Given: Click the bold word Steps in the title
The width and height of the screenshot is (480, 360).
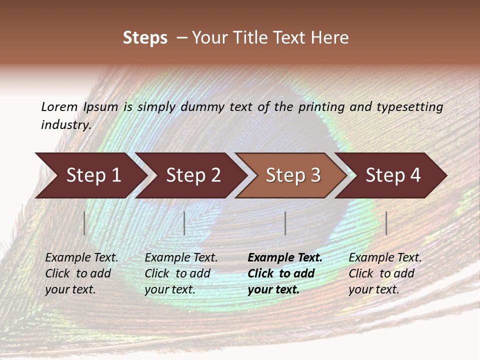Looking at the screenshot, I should [145, 38].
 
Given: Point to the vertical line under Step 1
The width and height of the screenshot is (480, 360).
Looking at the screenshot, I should [84, 223].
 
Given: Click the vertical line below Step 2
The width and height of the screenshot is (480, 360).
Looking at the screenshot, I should [184, 223].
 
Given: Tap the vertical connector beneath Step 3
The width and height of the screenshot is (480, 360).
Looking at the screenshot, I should [285, 223].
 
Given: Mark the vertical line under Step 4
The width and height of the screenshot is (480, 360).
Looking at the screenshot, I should [386, 223].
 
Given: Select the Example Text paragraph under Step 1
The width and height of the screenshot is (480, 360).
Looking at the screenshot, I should [81, 273].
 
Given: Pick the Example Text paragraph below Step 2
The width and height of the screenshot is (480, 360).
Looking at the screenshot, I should [181, 273].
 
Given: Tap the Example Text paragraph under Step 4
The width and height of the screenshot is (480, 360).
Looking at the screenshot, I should [385, 273].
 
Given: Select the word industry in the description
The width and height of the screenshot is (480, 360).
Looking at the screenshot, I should [65, 125].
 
